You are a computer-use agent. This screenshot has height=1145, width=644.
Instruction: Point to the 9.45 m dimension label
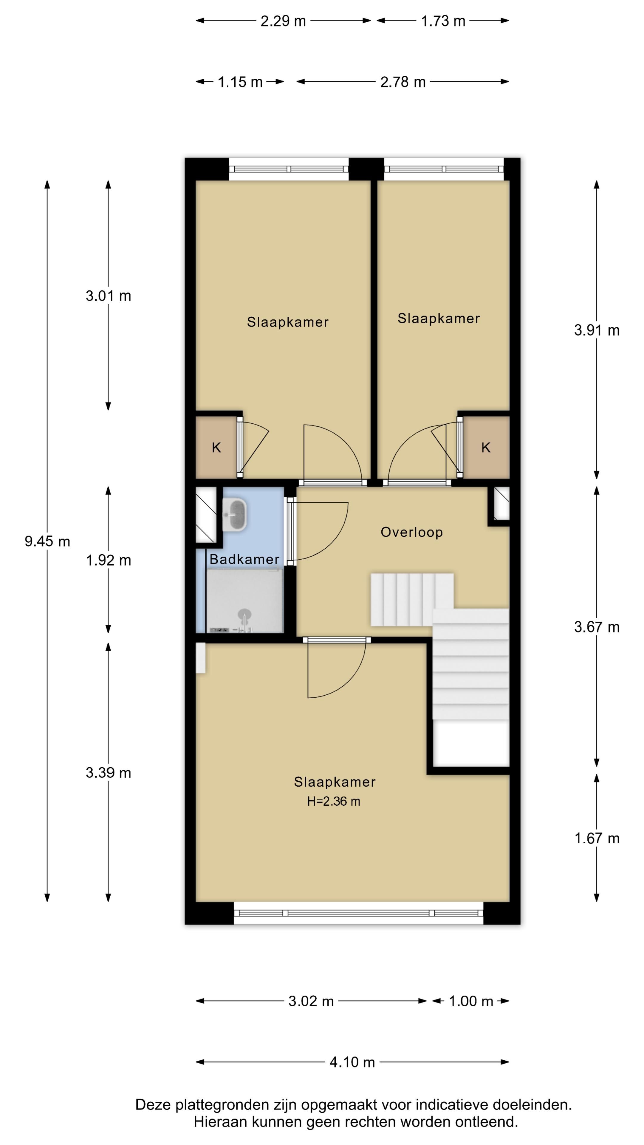[x=47, y=541]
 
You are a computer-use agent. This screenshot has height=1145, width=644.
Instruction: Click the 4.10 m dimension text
[x=352, y=1062]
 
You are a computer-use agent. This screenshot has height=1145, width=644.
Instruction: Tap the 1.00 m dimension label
[x=471, y=1002]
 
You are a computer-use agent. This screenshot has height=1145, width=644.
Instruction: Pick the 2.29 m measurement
[x=283, y=21]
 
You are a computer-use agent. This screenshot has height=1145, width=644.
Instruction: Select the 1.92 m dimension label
[x=109, y=561]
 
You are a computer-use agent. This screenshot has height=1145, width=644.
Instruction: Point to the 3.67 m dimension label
[x=596, y=627]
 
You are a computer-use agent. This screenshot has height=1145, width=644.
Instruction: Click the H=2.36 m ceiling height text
[x=333, y=801]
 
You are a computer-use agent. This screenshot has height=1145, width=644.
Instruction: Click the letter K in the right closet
[x=486, y=448]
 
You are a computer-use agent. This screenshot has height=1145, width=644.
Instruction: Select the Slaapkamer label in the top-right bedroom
[x=439, y=319]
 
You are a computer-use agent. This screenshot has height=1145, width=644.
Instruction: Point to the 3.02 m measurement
[x=311, y=1002]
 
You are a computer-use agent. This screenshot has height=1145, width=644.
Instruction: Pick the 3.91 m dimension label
[x=596, y=330]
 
